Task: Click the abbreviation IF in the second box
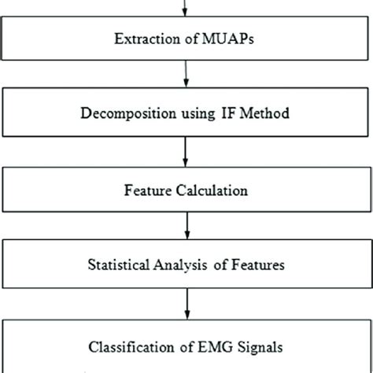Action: (221, 113)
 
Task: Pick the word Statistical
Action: (127, 266)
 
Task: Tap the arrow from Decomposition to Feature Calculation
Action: (186, 150)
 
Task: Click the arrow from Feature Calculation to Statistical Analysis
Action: (186, 227)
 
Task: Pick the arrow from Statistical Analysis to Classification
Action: (186, 303)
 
